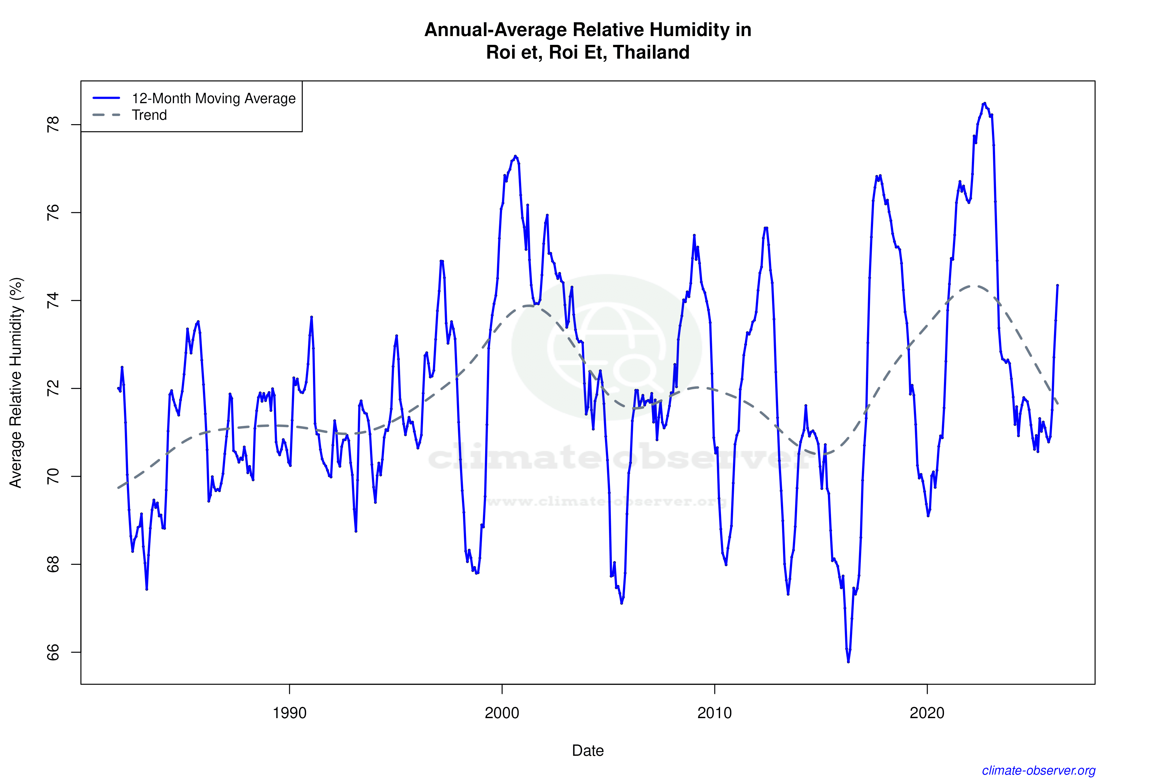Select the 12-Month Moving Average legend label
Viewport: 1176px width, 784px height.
(x=214, y=98)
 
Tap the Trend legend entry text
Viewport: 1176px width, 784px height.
(x=149, y=115)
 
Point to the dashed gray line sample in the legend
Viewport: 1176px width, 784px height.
(x=107, y=115)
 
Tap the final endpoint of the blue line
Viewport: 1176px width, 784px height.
(x=1057, y=285)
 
